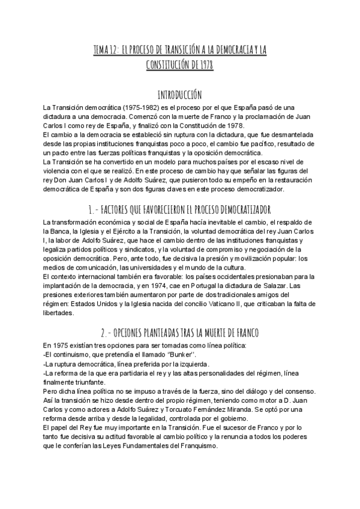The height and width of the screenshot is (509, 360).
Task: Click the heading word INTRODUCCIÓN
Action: click(179, 95)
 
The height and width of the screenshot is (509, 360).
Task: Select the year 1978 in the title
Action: click(204, 64)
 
